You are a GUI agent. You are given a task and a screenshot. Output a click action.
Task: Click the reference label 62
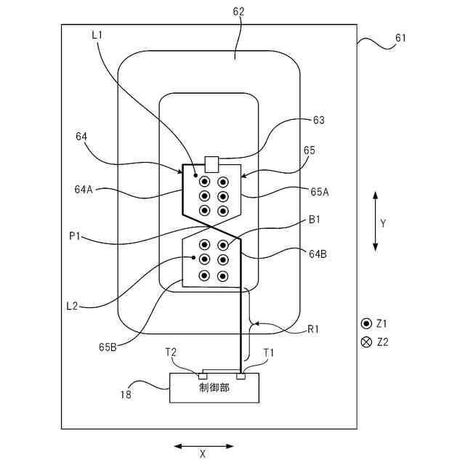click(238, 12)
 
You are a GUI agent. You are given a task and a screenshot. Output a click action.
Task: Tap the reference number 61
click(401, 38)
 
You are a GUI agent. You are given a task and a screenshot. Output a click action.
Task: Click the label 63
click(318, 120)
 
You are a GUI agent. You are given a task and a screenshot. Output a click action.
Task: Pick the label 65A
click(320, 192)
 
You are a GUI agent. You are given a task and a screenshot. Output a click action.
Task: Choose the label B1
click(315, 219)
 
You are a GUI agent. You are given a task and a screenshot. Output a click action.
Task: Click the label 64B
click(317, 254)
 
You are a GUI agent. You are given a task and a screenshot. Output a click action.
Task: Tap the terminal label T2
click(171, 352)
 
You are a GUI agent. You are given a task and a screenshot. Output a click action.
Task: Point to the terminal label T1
click(269, 352)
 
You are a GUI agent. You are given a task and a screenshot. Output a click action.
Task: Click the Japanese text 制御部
click(214, 388)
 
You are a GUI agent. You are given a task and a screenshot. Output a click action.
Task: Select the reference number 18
click(126, 395)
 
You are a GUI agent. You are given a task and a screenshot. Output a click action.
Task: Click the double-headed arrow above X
click(204, 445)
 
